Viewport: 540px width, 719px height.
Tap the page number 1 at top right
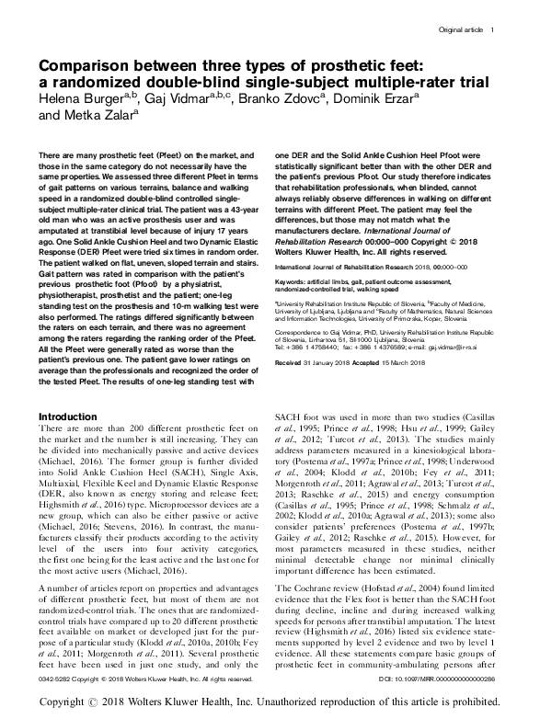494,30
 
